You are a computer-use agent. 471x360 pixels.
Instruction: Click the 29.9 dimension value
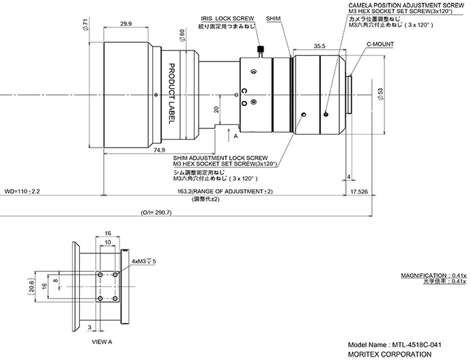coord(126,23)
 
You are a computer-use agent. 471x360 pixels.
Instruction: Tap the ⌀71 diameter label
coord(85,25)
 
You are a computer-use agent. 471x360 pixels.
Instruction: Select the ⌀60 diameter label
coord(182,36)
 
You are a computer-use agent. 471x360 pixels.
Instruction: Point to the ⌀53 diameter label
coord(380,94)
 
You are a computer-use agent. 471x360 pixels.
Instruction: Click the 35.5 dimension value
coord(319,46)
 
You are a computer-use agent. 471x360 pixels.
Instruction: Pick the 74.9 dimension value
coord(159,150)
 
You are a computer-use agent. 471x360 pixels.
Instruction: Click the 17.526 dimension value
coord(359,191)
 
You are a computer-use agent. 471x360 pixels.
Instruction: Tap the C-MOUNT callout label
coord(380,44)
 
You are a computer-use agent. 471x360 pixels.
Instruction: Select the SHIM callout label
coord(273,18)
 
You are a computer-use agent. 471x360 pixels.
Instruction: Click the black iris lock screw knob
coord(261,49)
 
